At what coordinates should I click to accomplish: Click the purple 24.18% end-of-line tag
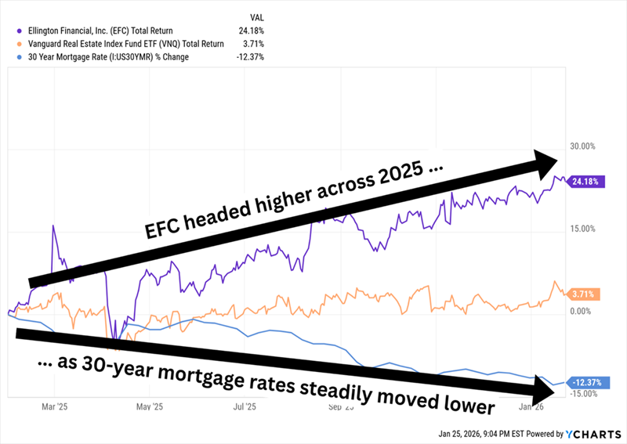click(x=585, y=182)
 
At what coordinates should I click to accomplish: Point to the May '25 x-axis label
click(x=150, y=407)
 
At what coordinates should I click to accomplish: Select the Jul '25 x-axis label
click(x=245, y=407)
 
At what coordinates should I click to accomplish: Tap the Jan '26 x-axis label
click(x=531, y=407)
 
